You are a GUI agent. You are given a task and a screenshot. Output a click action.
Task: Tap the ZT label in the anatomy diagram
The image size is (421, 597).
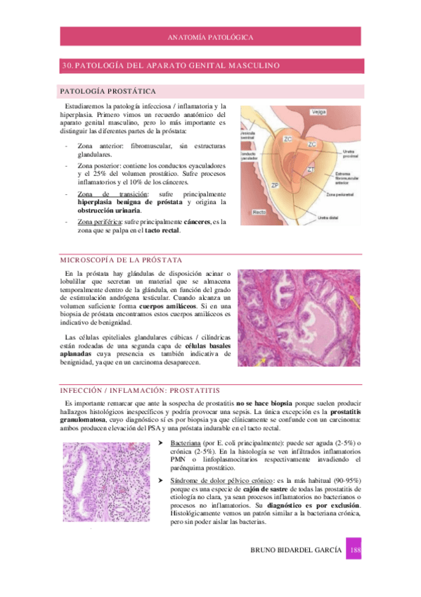point(310,170)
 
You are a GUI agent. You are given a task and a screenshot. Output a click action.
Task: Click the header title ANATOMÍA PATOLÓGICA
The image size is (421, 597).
point(211,37)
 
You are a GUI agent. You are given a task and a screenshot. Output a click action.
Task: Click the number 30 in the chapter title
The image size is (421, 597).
point(67,65)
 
